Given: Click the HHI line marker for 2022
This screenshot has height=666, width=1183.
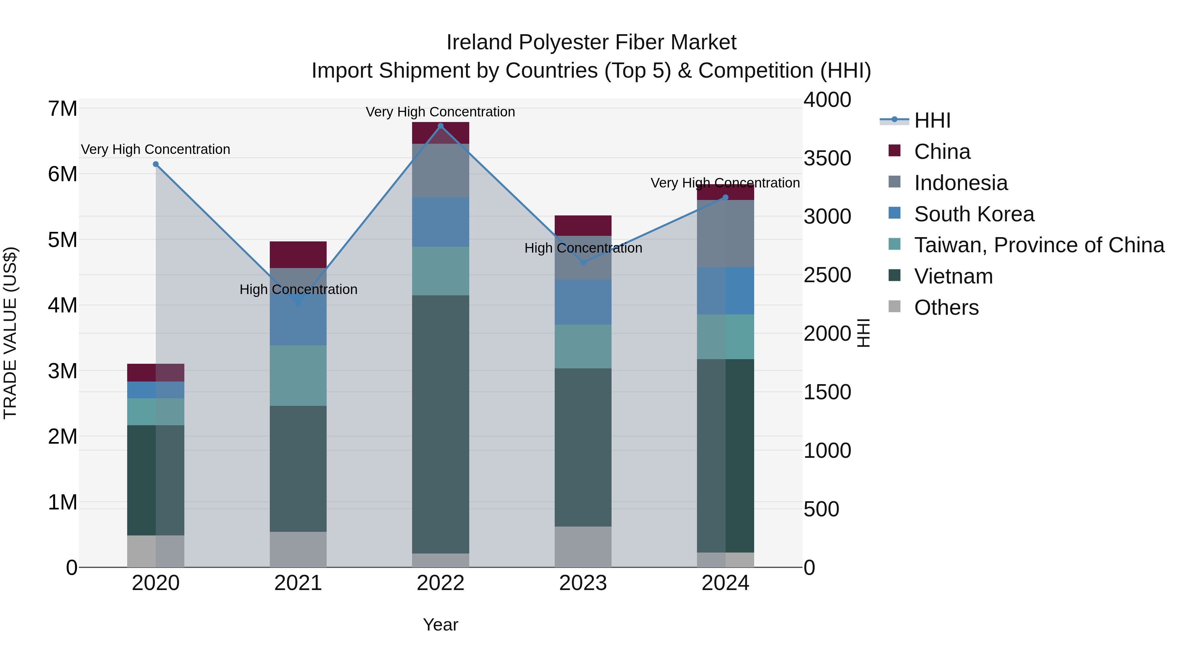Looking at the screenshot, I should click(440, 126).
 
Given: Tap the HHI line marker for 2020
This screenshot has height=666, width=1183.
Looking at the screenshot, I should click(156, 164).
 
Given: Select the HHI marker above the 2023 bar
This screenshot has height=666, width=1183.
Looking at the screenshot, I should click(583, 262).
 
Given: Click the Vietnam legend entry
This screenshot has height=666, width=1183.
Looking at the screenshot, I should click(953, 276).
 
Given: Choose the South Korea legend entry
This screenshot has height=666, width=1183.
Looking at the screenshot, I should click(974, 214).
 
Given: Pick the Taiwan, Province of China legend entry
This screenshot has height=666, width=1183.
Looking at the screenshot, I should click(1039, 245).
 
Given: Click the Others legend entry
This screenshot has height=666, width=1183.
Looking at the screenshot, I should click(946, 308).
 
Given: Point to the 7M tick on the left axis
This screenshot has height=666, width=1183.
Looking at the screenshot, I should click(62, 109).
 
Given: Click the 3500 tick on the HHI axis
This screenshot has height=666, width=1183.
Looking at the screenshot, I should click(827, 158).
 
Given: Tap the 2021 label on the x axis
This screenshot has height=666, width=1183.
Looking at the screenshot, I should click(298, 583).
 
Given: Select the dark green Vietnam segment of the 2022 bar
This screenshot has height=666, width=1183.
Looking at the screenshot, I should click(440, 423).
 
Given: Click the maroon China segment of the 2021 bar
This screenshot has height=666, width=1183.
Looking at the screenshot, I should click(298, 254).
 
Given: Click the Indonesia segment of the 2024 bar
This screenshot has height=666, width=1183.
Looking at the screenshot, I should click(725, 233).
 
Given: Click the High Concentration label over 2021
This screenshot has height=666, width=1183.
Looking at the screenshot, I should click(298, 289).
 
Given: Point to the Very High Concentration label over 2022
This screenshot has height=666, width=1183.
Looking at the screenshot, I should click(440, 112).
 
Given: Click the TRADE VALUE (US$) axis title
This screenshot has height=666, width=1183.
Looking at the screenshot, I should click(10, 333).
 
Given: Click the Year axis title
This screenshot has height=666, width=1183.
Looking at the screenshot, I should click(440, 625).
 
